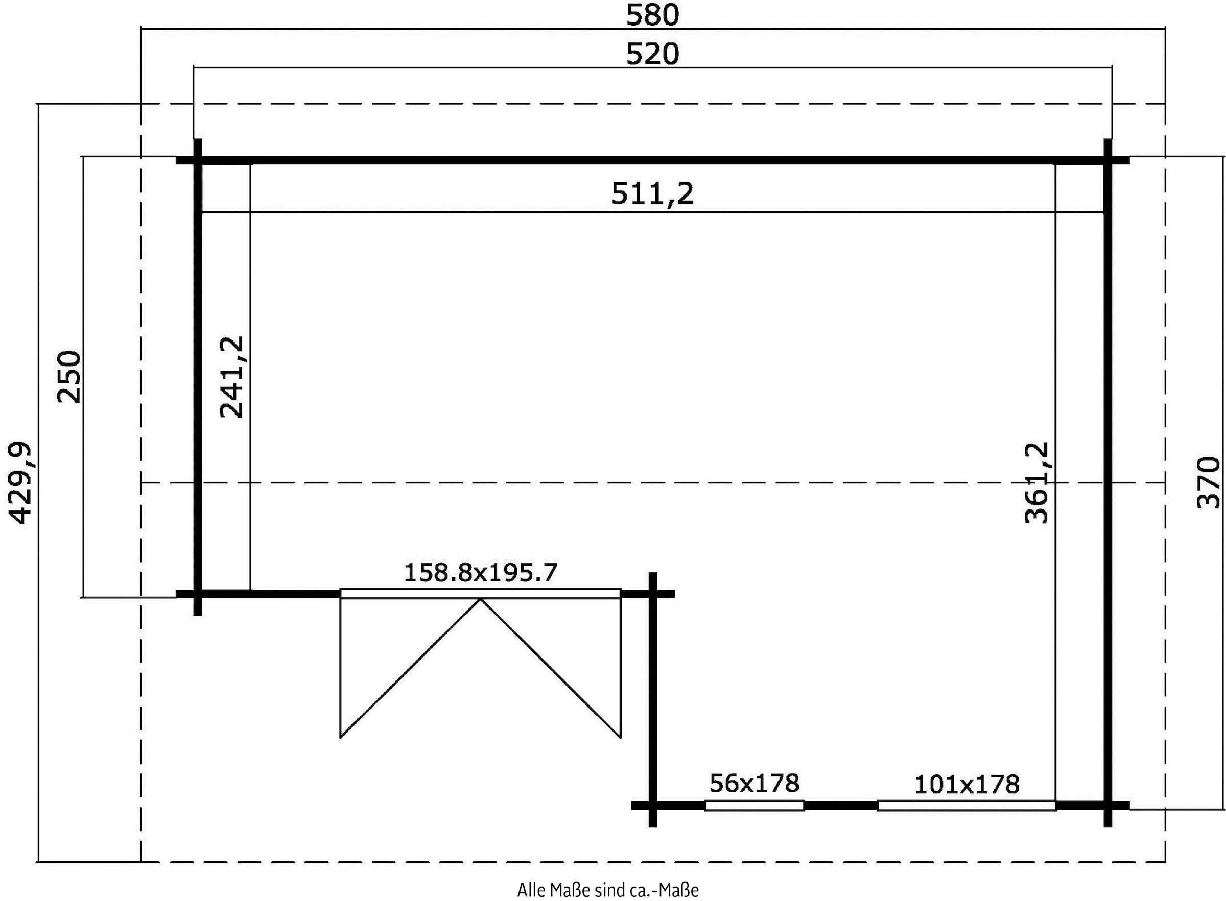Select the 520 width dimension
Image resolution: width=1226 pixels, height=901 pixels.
pos(652,55)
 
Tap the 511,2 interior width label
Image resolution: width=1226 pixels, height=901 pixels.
pos(652,193)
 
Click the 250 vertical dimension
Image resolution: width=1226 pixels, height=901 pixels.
pos(69,376)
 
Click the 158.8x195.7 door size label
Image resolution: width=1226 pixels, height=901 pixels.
pos(480,573)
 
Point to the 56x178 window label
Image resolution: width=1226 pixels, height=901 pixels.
pos(754,783)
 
